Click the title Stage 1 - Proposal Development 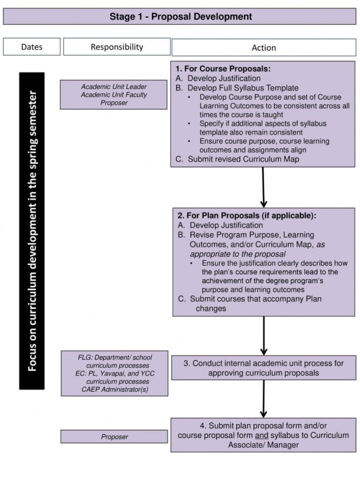pyautogui.click(x=180, y=17)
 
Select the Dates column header pyautogui.click(x=32, y=47)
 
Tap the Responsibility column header pyautogui.click(x=117, y=47)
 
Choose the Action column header pyautogui.click(x=263, y=47)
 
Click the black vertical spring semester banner pyautogui.click(x=32, y=231)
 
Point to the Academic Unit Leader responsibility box pyautogui.click(x=113, y=95)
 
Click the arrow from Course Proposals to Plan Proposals pyautogui.click(x=263, y=187)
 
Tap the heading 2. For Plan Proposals pyautogui.click(x=247, y=216)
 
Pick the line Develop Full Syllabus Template pyautogui.click(x=243, y=88)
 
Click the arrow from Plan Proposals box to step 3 pyautogui.click(x=263, y=335)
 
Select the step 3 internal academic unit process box pyautogui.click(x=263, y=368)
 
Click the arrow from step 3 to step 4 pyautogui.click(x=263, y=398)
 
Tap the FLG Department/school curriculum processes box pyautogui.click(x=114, y=373)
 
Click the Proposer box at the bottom pyautogui.click(x=114, y=437)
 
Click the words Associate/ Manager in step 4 pyautogui.click(x=263, y=445)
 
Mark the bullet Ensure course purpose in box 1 pyautogui.click(x=264, y=141)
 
